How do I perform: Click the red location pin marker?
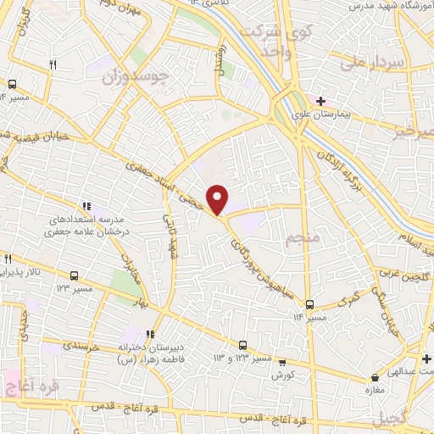click(x=218, y=199)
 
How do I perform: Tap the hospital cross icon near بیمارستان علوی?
click(x=320, y=103)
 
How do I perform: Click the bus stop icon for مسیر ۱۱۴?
click(x=310, y=303)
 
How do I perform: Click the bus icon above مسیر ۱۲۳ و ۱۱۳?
click(x=243, y=345)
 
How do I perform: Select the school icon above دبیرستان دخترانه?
click(x=151, y=333)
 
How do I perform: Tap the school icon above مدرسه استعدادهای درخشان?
click(x=86, y=206)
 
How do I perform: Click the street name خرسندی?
click(x=82, y=348)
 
